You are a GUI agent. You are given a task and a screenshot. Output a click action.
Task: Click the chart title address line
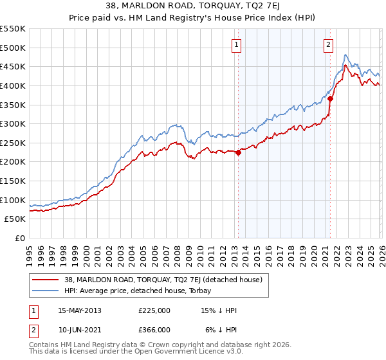pos(193,5)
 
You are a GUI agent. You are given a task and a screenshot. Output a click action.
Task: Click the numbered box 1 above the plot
pos(237,44)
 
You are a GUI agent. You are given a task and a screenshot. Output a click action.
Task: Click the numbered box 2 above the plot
pos(328,44)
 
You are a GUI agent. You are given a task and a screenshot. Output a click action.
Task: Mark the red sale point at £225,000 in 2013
pos(238,152)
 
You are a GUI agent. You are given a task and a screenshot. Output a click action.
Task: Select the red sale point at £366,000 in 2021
pos(330,98)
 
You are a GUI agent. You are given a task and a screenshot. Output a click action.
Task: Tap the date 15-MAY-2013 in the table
pos(80,310)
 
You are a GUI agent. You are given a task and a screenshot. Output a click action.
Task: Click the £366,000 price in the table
pos(154,329)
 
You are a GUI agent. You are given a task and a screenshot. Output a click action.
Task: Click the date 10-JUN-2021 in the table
pos(80,329)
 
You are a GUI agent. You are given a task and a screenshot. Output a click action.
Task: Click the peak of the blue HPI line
pos(346,55)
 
